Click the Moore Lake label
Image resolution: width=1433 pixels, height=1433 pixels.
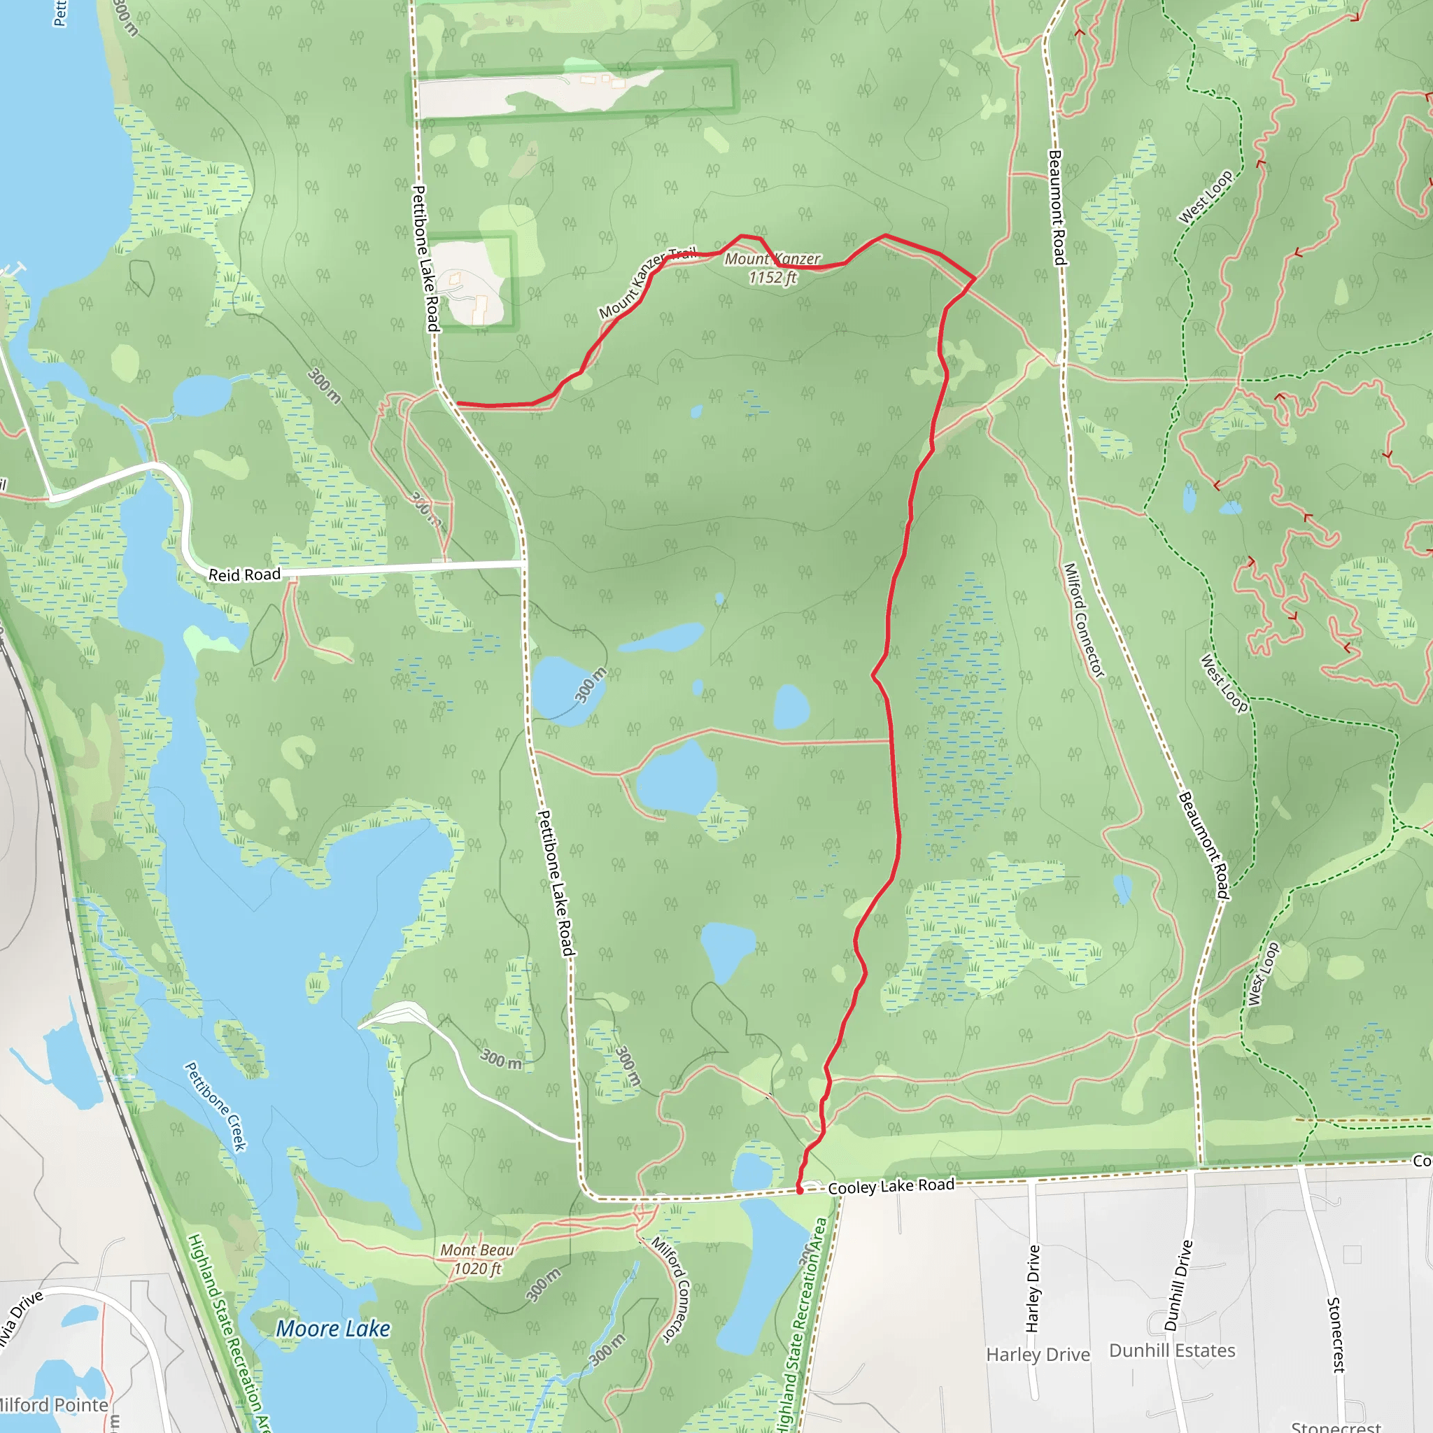pyautogui.click(x=333, y=1329)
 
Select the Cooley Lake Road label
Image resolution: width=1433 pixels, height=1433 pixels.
pyautogui.click(x=891, y=1186)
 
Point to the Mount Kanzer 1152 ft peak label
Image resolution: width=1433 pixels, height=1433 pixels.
pyautogui.click(x=772, y=268)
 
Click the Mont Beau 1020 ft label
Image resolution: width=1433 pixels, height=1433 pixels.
pyautogui.click(x=477, y=1259)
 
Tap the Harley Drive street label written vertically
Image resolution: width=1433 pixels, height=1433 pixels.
pyautogui.click(x=1033, y=1288)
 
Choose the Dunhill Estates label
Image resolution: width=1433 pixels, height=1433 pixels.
pyautogui.click(x=1172, y=1350)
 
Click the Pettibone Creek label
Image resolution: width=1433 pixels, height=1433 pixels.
pyautogui.click(x=215, y=1106)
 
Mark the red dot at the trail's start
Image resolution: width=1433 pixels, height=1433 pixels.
pyautogui.click(x=800, y=1190)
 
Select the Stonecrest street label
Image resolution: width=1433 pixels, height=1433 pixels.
pyautogui.click(x=1334, y=1334)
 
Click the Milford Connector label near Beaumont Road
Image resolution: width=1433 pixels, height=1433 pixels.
pyautogui.click(x=1085, y=620)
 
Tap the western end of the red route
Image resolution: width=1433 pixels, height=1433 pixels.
pyautogui.click(x=458, y=404)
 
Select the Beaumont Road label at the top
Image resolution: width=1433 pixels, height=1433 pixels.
pyautogui.click(x=1056, y=208)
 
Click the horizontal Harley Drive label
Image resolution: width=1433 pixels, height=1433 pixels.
pyautogui.click(x=1038, y=1355)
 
